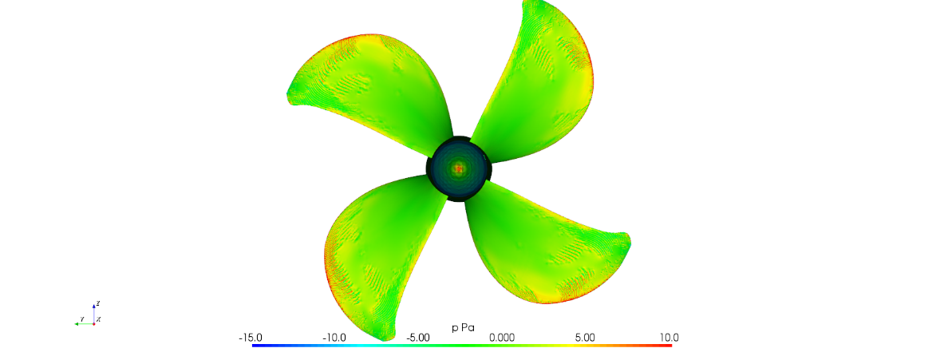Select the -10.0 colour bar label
pyautogui.click(x=334, y=337)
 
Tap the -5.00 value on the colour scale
pyautogui.click(x=418, y=337)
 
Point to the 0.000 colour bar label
pyautogui.click(x=502, y=337)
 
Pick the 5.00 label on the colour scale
pyautogui.click(x=585, y=337)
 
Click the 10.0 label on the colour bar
pyautogui.click(x=669, y=337)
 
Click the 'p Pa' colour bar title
pyautogui.click(x=462, y=327)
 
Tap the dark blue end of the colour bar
pyautogui.click(x=254, y=346)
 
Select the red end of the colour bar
pyautogui.click(x=669, y=346)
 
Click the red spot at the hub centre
pyautogui.click(x=459, y=169)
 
